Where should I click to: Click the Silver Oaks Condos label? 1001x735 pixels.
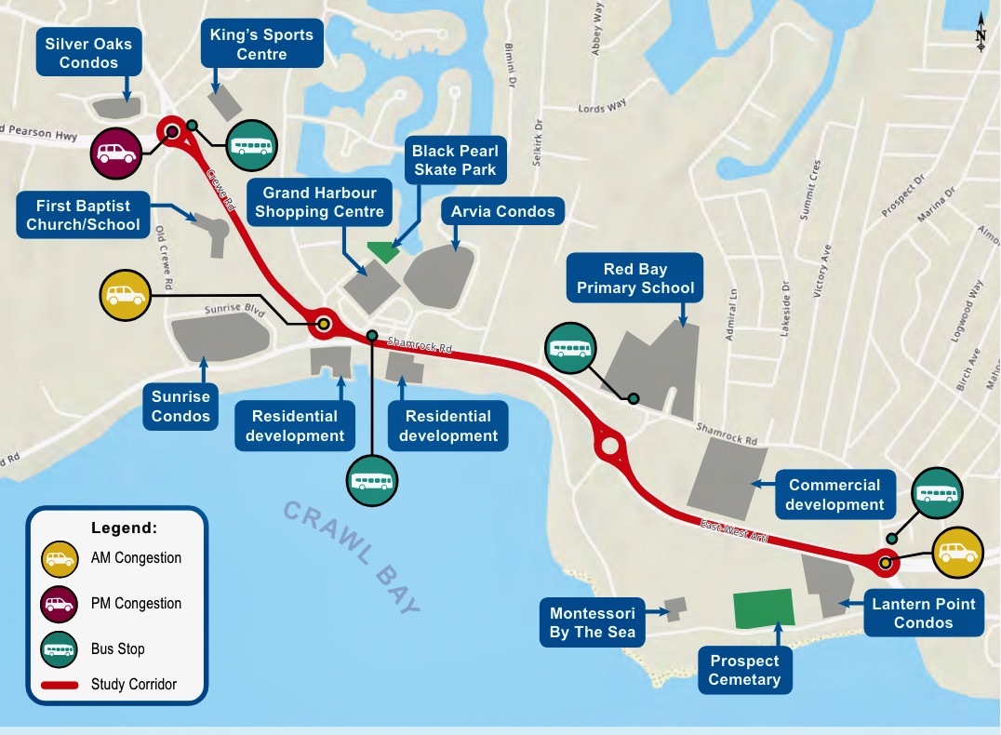point(89,53)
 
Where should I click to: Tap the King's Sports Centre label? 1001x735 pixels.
point(261,45)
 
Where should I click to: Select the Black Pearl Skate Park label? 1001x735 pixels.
point(455,160)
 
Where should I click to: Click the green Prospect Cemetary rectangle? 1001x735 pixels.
point(764,608)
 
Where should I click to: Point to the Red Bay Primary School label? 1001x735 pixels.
point(635,278)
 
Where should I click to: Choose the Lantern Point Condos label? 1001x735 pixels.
point(923,613)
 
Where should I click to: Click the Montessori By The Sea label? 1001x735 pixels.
point(593,623)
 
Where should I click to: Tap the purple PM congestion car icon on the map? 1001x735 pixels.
point(115,154)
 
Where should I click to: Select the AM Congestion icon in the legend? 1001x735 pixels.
point(59,559)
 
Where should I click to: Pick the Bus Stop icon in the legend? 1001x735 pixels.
point(59,649)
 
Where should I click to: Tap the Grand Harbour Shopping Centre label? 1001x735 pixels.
point(319,202)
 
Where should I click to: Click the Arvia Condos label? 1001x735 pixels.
point(502,211)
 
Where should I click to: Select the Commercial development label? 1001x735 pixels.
point(834,494)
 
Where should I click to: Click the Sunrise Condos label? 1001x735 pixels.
point(180,407)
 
